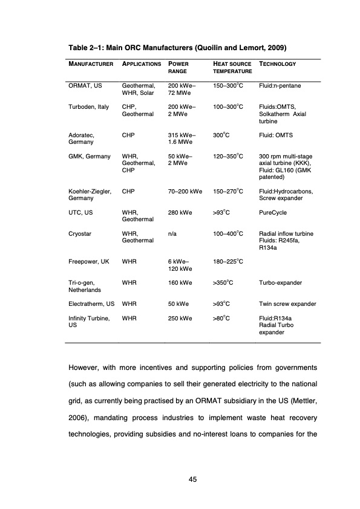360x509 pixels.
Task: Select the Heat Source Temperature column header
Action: pos(232,67)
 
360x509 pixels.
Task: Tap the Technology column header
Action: pos(277,63)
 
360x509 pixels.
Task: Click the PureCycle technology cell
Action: pos(272,213)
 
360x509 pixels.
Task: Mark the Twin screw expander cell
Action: pos(287,303)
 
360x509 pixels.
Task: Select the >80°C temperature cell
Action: pos(223,318)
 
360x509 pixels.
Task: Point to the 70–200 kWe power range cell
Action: pos(185,192)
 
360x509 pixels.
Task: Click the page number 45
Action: pos(193,479)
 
